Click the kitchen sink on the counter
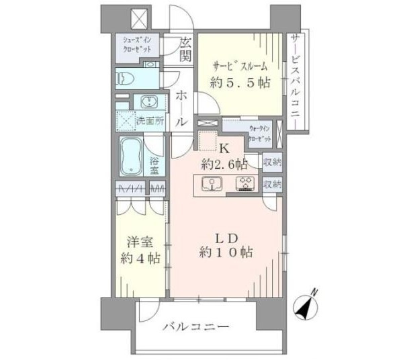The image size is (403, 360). (x=213, y=183)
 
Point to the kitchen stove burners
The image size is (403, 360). (x=245, y=183)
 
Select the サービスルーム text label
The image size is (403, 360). (x=240, y=65)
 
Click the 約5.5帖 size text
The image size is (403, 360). (x=241, y=83)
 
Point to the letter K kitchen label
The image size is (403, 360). (x=225, y=147)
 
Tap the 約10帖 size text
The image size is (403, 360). (x=226, y=253)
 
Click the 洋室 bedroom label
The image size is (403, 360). (x=138, y=240)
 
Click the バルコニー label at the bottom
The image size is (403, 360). (x=196, y=327)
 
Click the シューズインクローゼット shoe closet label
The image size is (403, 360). (x=138, y=45)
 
